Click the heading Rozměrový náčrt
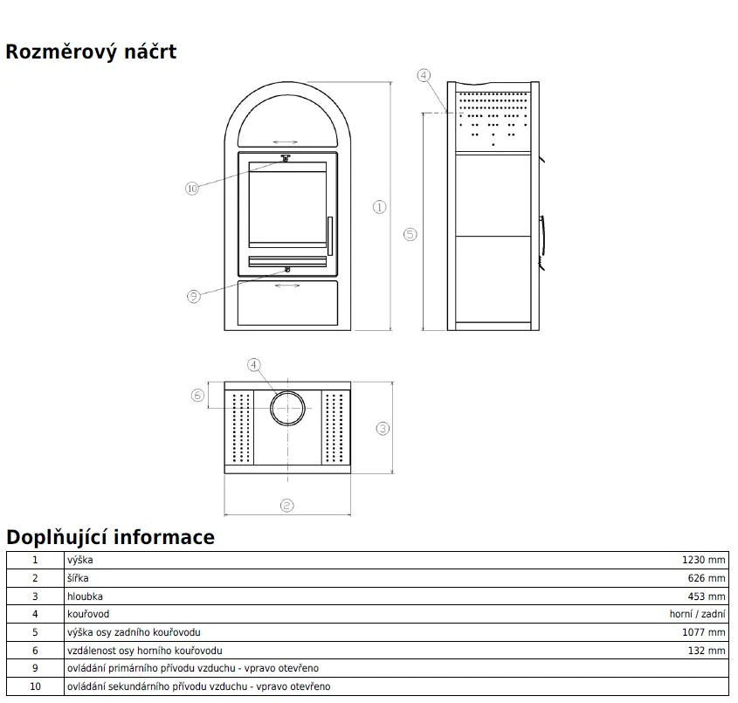click(91, 52)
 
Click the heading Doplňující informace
click(110, 537)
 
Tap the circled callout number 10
click(192, 189)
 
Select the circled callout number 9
click(193, 296)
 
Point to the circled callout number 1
click(379, 207)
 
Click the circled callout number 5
click(410, 234)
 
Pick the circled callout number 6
click(197, 395)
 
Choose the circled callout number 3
click(383, 429)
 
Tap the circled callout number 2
click(287, 506)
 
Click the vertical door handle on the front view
click(330, 236)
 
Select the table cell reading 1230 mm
click(704, 560)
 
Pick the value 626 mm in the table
click(707, 578)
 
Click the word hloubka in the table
click(85, 596)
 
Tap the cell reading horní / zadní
click(698, 614)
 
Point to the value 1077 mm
click(704, 632)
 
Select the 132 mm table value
click(707, 651)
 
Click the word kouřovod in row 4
click(88, 614)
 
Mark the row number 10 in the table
click(35, 686)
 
